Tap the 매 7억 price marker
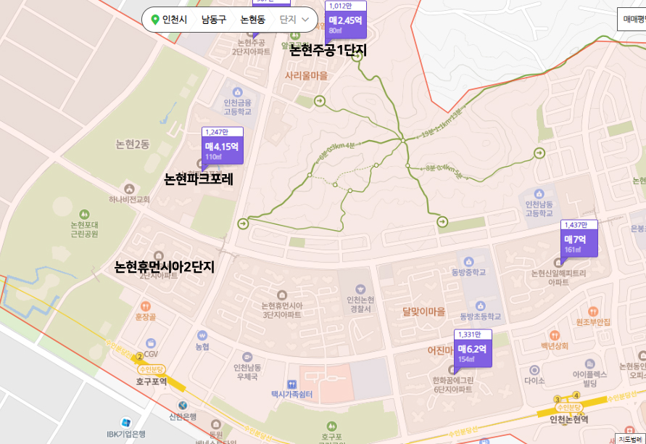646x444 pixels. click(x=580, y=243)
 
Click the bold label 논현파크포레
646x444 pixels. click(x=199, y=178)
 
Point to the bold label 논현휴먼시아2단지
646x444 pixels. click(x=165, y=267)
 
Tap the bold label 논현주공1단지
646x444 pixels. click(x=328, y=51)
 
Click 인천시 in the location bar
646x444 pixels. click(x=175, y=20)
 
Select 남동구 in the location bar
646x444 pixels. click(x=214, y=20)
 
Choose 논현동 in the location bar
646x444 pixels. click(x=253, y=20)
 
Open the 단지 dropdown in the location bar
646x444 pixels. click(x=294, y=20)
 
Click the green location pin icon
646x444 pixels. click(x=155, y=20)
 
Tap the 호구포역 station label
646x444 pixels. click(x=152, y=381)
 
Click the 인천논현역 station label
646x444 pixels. click(x=568, y=419)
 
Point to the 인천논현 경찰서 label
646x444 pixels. click(x=360, y=304)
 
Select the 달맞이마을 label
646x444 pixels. click(x=424, y=312)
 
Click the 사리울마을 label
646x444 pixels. click(x=306, y=75)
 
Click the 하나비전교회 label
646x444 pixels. click(x=129, y=200)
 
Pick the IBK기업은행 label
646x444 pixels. click(x=126, y=434)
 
